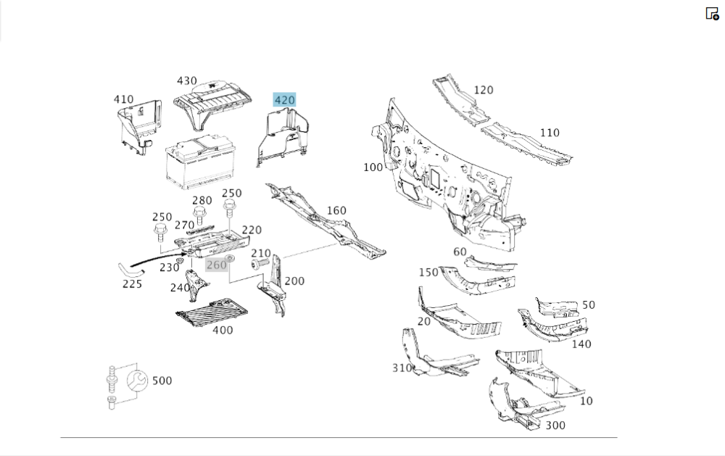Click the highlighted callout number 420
(284, 99)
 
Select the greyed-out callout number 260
(217, 265)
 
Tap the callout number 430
(187, 81)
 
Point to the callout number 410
(123, 99)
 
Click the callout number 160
(336, 210)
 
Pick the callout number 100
(373, 167)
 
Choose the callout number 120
(484, 90)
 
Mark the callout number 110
(550, 133)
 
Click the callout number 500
(162, 381)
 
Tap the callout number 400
(223, 330)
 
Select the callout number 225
(132, 283)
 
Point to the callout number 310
(402, 368)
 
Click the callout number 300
(555, 425)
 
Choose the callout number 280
(202, 201)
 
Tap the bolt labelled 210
(259, 265)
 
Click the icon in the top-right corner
(712, 13)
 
